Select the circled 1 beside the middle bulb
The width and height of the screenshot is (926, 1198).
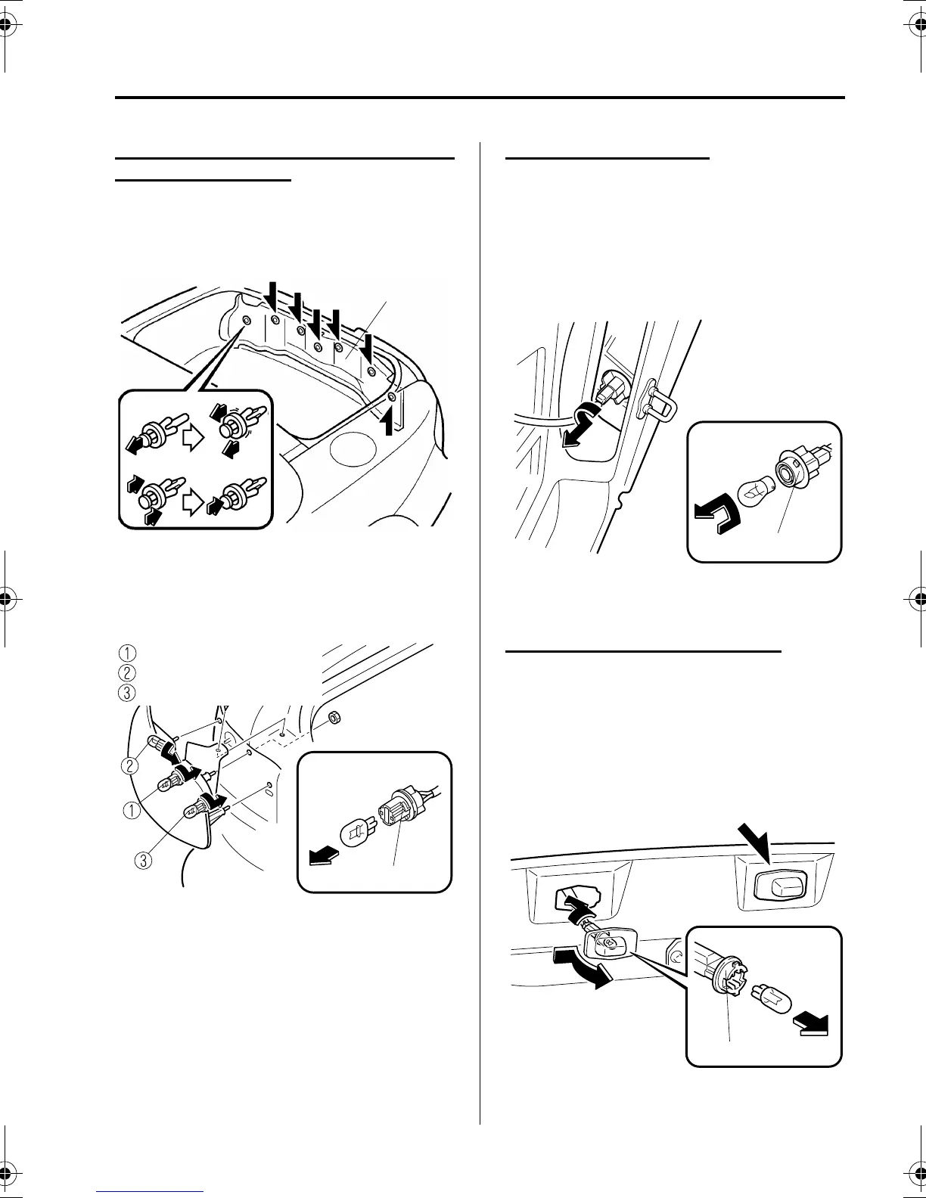coord(131,811)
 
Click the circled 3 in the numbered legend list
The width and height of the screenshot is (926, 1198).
coord(129,692)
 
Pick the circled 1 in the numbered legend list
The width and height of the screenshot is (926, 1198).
coord(129,653)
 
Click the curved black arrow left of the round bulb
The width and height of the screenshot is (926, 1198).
coord(715,518)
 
